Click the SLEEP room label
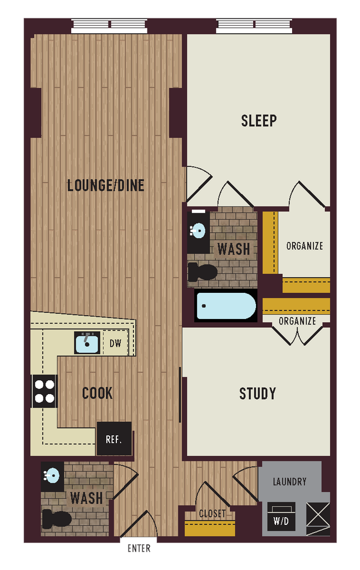pos(259,121)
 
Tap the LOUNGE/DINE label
pos(106,185)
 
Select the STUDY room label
pos(258,394)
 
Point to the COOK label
pos(97,393)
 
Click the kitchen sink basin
pos(87,343)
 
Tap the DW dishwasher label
pos(116,343)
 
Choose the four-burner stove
pos(45,391)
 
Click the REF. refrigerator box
pos(114,439)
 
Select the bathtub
pos(225,306)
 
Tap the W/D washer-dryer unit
pos(281,517)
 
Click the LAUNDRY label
pos(289,481)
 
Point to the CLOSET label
pos(212,513)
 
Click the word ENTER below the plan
pos(139,548)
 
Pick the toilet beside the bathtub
pos(203,272)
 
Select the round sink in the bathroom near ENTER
pos(52,475)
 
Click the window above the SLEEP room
pos(255,26)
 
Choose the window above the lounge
pos(110,26)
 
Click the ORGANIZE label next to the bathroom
pos(304,246)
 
